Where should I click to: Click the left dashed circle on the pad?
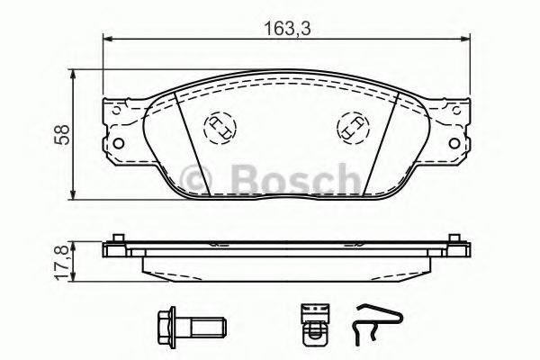tap(220, 128)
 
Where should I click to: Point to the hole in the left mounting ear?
tap(115, 143)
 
